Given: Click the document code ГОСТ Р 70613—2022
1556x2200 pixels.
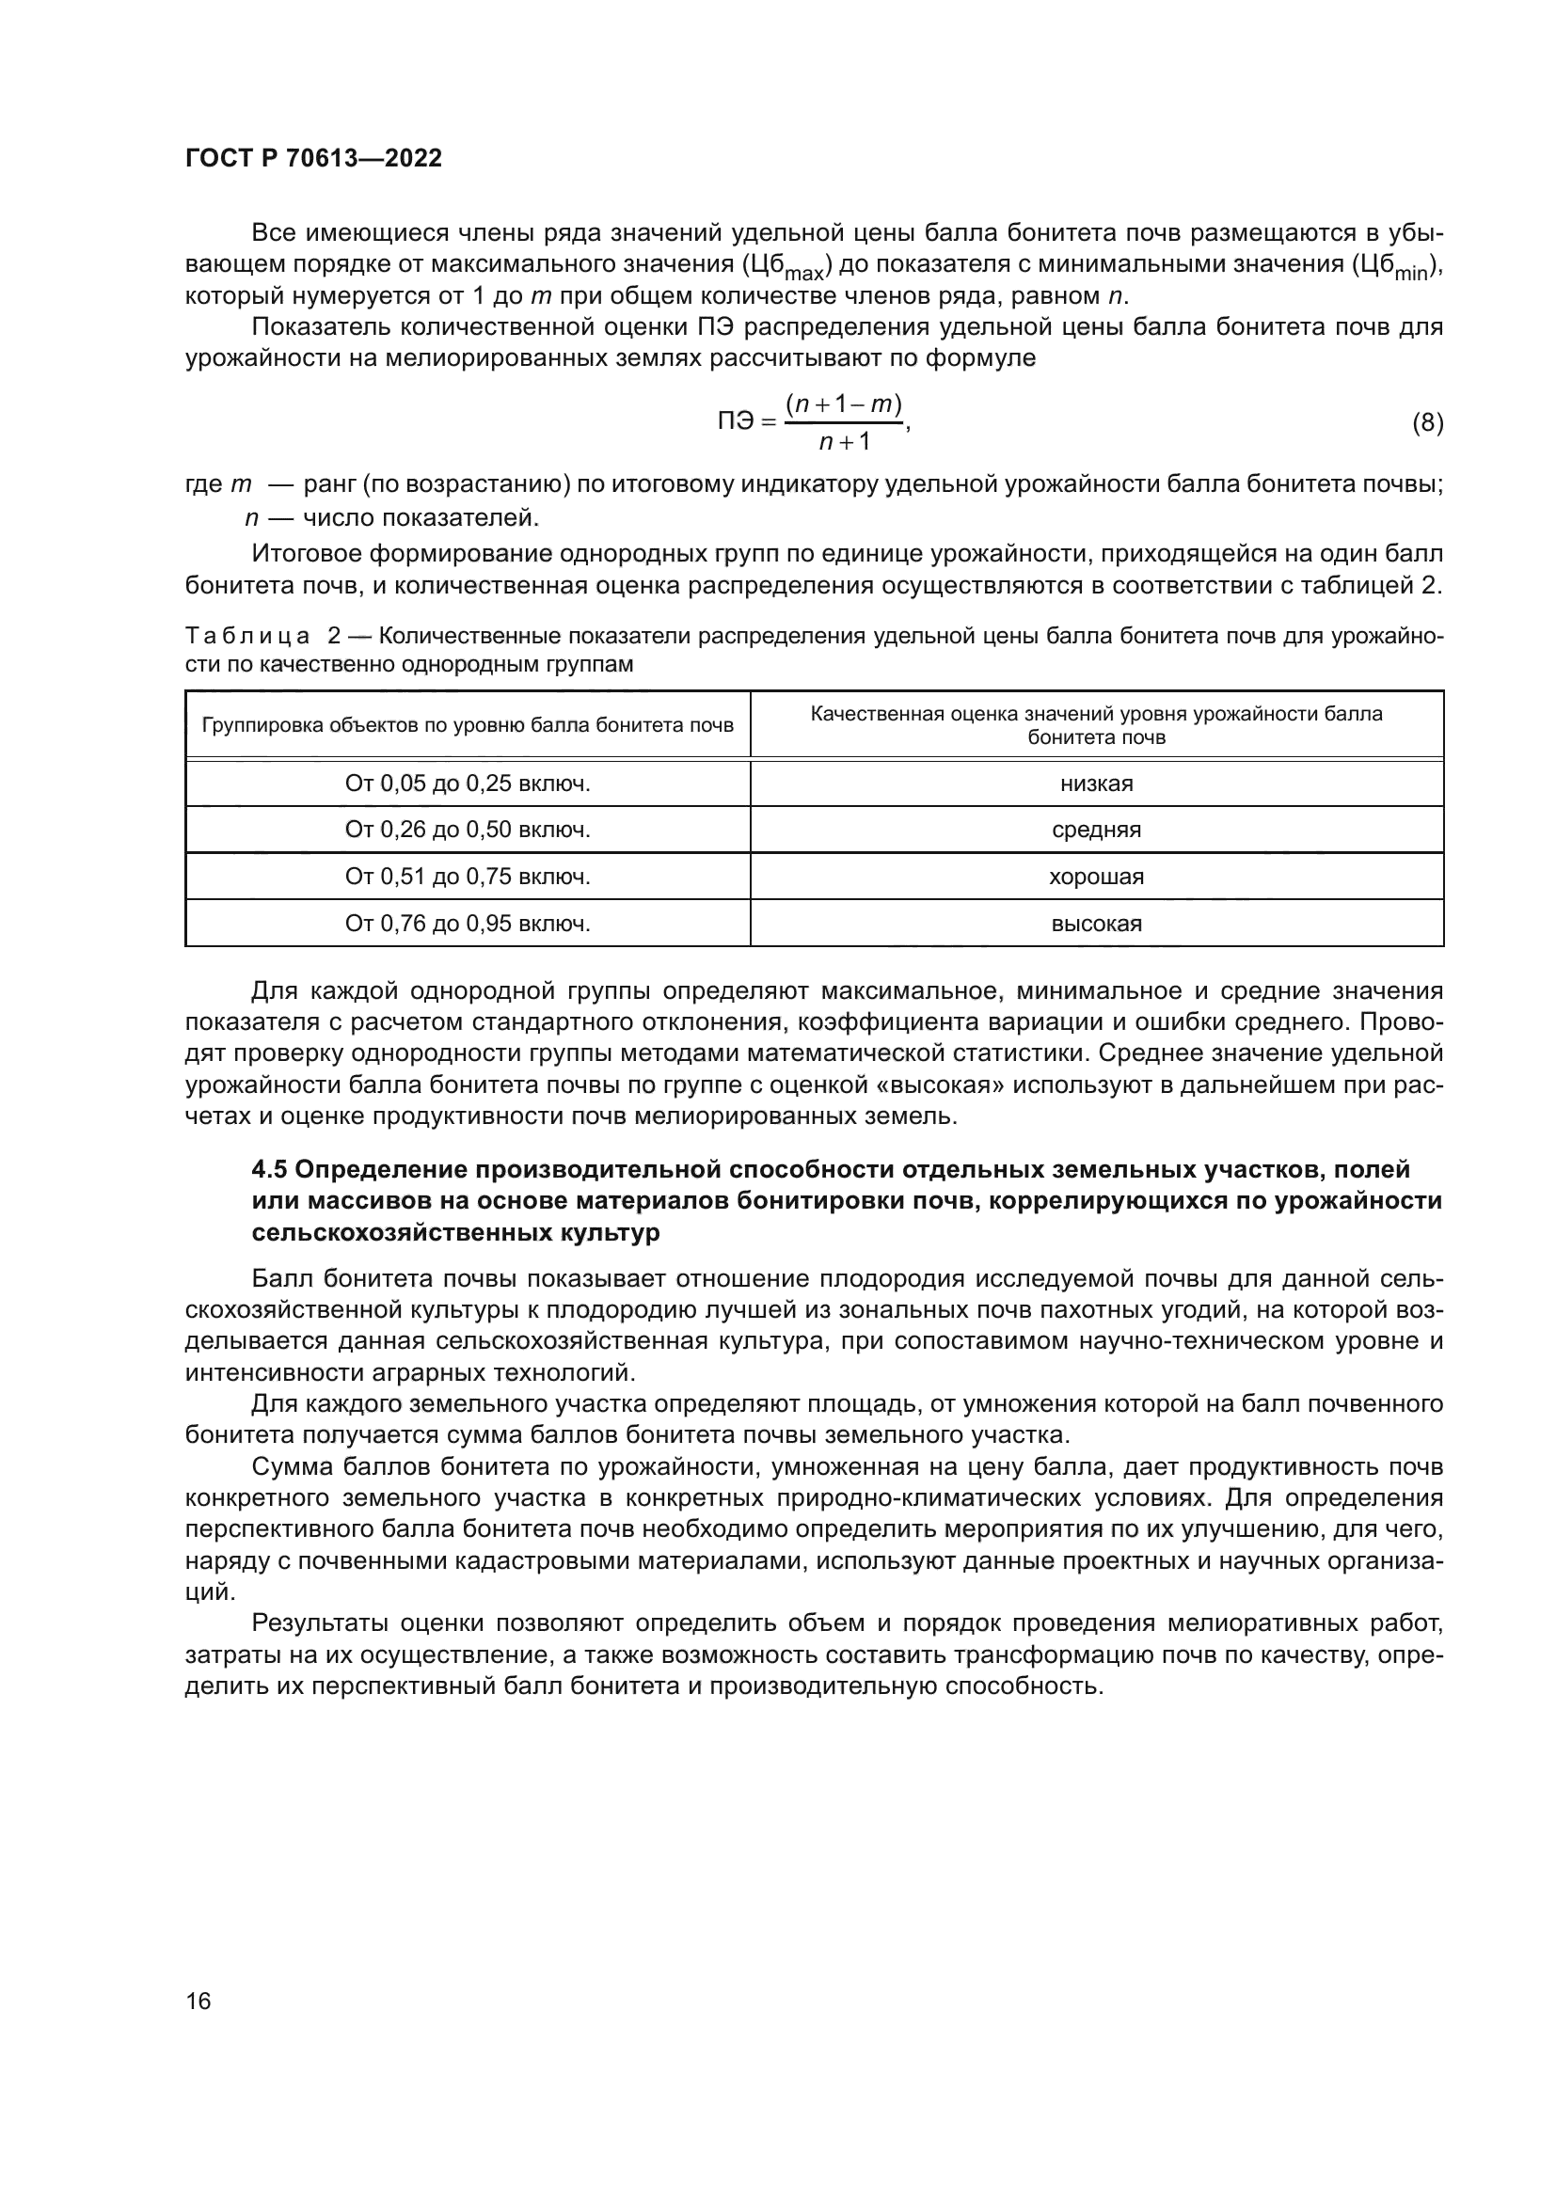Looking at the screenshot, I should pyautogui.click(x=313, y=159).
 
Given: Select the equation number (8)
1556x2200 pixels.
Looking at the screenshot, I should pyautogui.click(x=1428, y=422).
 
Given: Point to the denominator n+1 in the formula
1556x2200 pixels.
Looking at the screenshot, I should pyautogui.click(x=844, y=442).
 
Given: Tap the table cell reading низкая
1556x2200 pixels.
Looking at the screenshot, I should pyautogui.click(x=1096, y=783).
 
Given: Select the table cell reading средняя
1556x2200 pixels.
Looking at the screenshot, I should pyautogui.click(x=1096, y=830).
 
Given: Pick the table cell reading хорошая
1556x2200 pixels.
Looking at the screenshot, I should pyautogui.click(x=1096, y=877).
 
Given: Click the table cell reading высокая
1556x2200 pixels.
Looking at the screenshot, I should pyautogui.click(x=1096, y=924).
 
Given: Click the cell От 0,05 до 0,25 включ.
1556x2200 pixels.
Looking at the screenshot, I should pyautogui.click(x=468, y=783).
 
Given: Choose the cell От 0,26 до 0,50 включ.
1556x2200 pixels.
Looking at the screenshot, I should pyautogui.click(x=468, y=830).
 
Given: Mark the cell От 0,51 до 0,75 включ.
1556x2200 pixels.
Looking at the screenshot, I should pyautogui.click(x=468, y=877).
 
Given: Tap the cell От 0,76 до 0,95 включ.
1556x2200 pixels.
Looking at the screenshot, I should pyautogui.click(x=468, y=924).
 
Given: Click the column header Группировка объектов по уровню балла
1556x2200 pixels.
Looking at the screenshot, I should pyautogui.click(x=468, y=725).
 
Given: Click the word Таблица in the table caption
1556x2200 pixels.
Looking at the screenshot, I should pyautogui.click(x=247, y=636).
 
